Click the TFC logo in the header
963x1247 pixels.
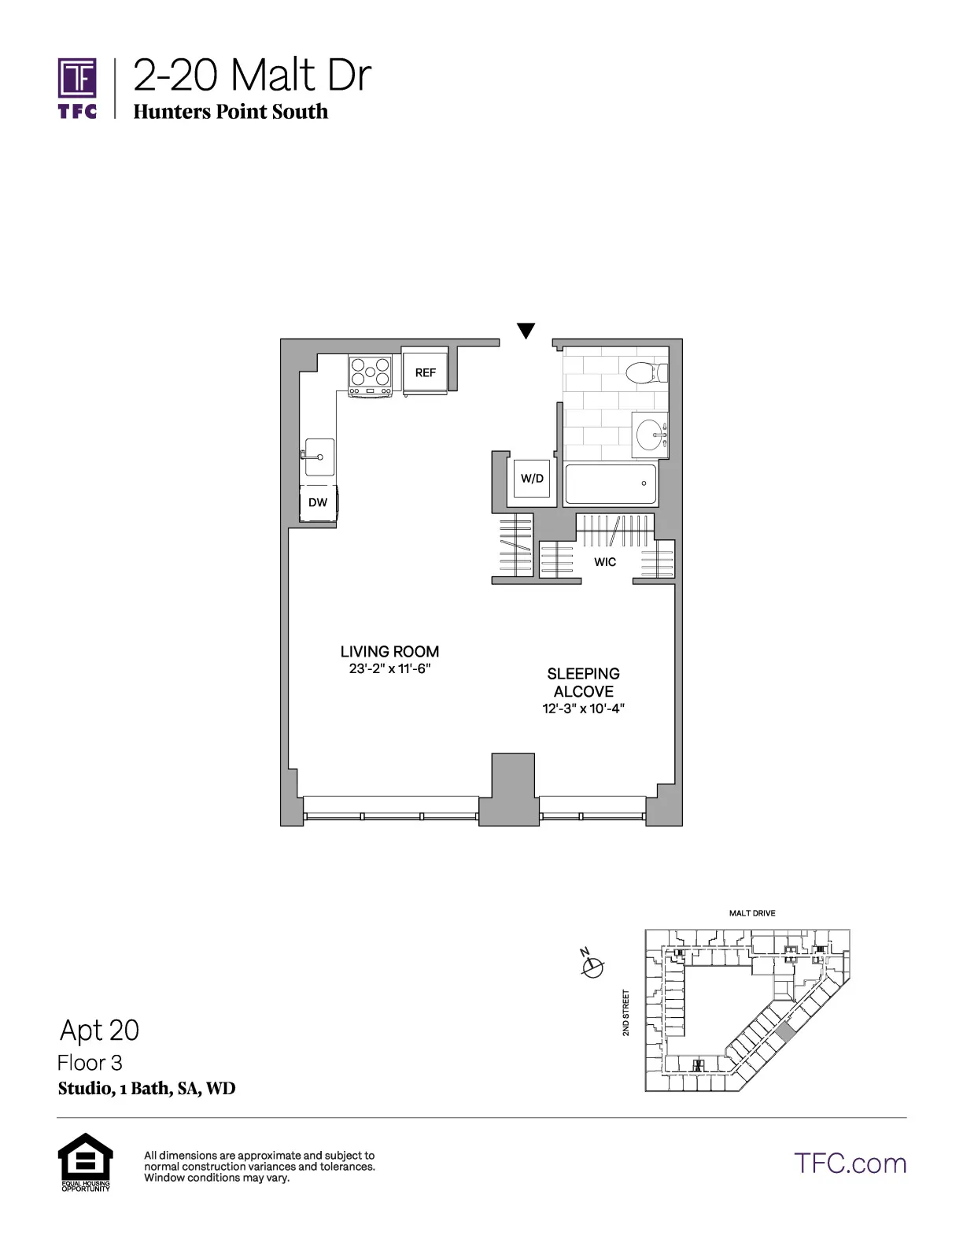tap(77, 87)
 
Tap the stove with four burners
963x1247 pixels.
tap(371, 376)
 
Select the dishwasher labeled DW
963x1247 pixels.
tap(318, 502)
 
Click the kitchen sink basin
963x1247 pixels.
tap(320, 457)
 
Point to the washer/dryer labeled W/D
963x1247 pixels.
tap(532, 479)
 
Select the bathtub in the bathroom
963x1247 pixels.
tap(611, 483)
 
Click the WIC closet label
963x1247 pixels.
tap(605, 562)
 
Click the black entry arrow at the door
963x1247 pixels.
tap(526, 331)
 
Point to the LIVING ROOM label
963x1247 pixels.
tap(389, 652)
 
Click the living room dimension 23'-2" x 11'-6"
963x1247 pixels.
tap(390, 669)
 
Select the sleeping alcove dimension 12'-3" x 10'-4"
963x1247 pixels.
tap(583, 709)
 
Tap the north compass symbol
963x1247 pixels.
tap(592, 964)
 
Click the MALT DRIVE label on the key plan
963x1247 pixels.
tap(752, 913)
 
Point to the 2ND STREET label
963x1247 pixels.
tap(626, 1012)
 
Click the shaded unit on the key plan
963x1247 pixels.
tap(785, 1034)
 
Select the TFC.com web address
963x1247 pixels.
tap(850, 1164)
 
